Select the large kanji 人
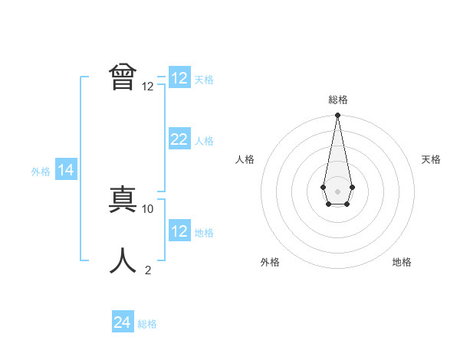click(123, 261)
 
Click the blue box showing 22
click(179, 139)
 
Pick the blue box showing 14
click(65, 170)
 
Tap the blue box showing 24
click(122, 322)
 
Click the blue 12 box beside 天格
click(179, 78)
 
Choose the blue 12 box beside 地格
click(179, 231)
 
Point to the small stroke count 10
click(148, 208)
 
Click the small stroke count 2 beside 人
click(148, 270)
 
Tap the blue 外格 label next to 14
click(41, 172)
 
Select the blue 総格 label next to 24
click(147, 324)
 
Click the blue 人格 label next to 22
click(204, 141)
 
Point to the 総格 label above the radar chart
click(337, 100)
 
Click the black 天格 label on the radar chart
click(431, 159)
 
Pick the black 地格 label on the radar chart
click(402, 262)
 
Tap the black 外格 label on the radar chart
click(270, 262)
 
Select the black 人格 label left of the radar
click(245, 159)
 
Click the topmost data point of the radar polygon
click(337, 116)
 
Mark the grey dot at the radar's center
click(337, 190)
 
